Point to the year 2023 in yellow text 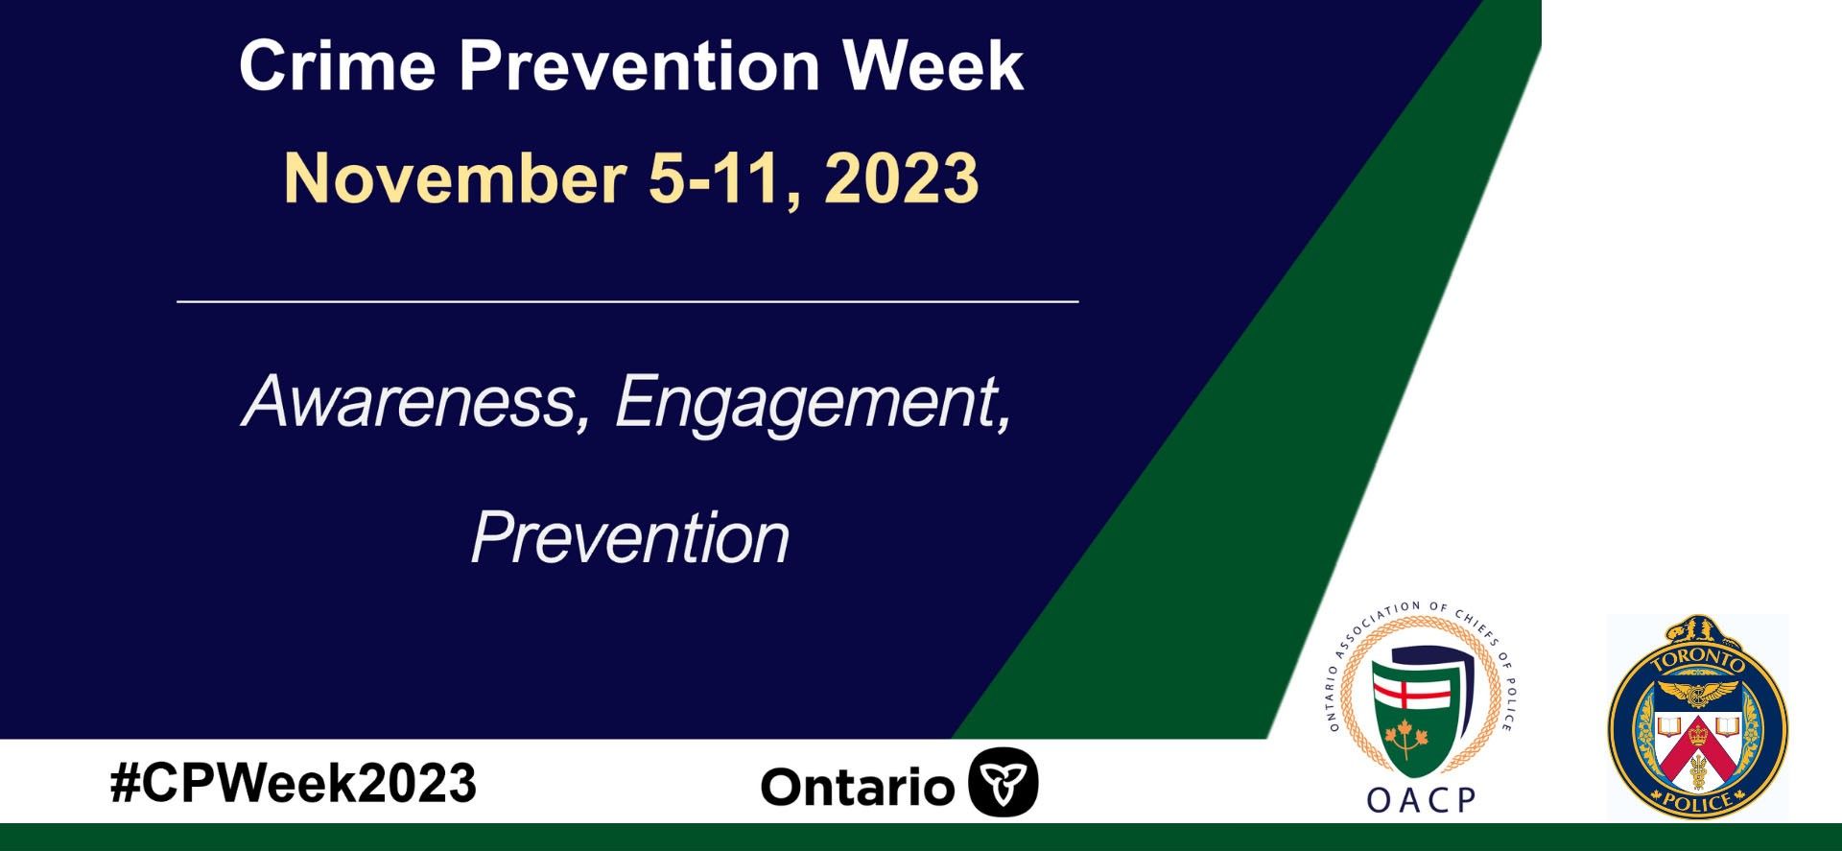pyautogui.click(x=901, y=178)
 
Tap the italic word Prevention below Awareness pyautogui.click(x=630, y=538)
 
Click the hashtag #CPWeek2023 pyautogui.click(x=294, y=783)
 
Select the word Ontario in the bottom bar pyautogui.click(x=857, y=787)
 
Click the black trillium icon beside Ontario pyautogui.click(x=1004, y=782)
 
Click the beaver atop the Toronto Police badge pyautogui.click(x=1699, y=631)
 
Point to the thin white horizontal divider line pyautogui.click(x=628, y=301)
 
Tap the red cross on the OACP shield pyautogui.click(x=1412, y=693)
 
